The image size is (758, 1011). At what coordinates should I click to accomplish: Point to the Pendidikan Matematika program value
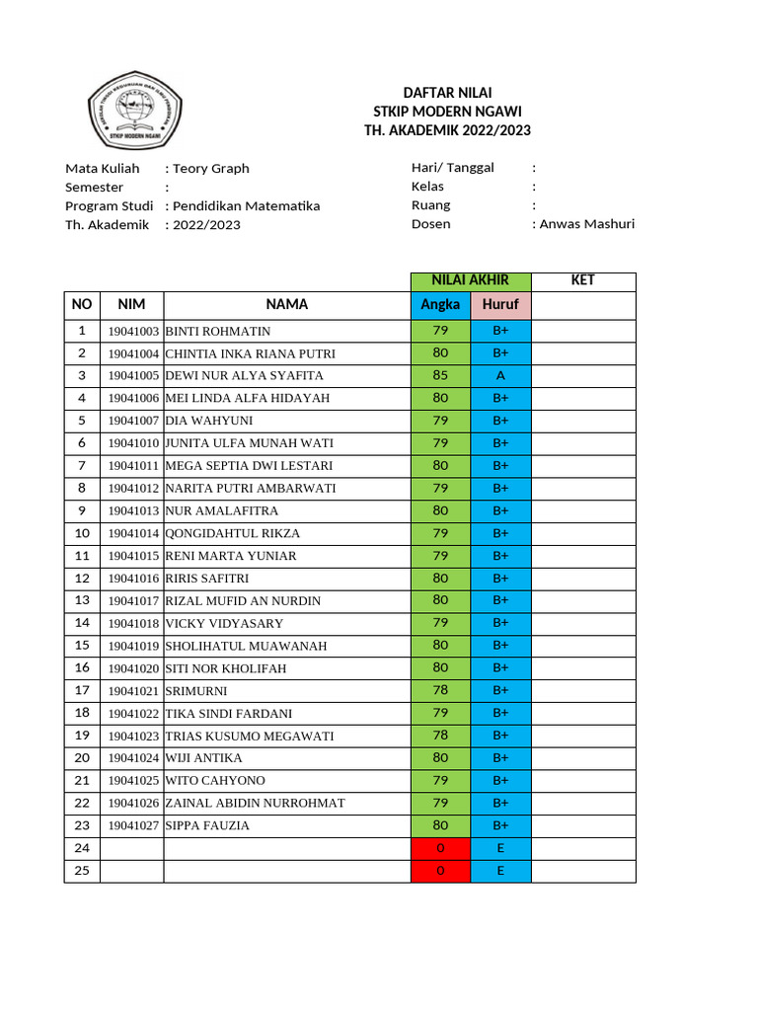click(x=246, y=206)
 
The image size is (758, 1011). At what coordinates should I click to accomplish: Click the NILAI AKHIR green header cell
click(x=471, y=280)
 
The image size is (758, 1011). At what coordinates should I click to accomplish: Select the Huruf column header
click(x=500, y=305)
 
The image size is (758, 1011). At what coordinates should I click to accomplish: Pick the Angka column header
click(x=440, y=305)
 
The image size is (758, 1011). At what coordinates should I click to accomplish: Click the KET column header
click(x=583, y=280)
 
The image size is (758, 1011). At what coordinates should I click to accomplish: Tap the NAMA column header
click(x=287, y=305)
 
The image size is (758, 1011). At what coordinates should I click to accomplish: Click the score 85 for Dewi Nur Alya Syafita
click(x=440, y=375)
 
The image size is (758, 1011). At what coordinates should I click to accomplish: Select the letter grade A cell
click(x=500, y=375)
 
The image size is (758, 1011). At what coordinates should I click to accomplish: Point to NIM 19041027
click(x=133, y=826)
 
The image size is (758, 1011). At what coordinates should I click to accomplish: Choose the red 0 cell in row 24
click(x=440, y=848)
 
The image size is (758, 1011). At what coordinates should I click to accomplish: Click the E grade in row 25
click(x=500, y=871)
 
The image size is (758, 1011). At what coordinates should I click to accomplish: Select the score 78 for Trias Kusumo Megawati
click(x=440, y=736)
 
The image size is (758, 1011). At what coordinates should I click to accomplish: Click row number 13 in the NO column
click(x=82, y=600)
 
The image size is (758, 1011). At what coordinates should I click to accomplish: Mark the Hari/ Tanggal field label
click(x=453, y=168)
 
